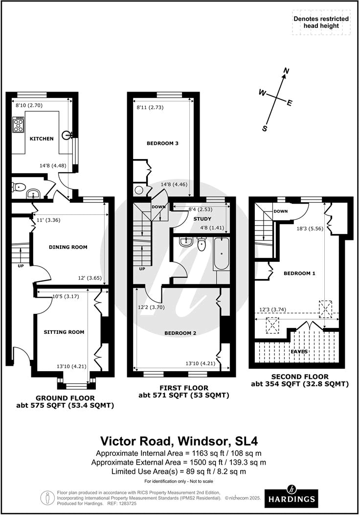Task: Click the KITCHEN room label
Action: [x=42, y=139]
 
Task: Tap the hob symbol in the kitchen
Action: [x=19, y=125]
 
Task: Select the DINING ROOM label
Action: [x=68, y=247]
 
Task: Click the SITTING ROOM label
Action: [x=64, y=332]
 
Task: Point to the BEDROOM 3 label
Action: [x=162, y=143]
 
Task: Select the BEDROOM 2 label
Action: [x=180, y=333]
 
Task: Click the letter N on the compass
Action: [x=287, y=71]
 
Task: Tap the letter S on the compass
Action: [x=265, y=129]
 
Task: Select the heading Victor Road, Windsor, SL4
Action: [x=180, y=441]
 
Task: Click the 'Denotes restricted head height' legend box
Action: [x=321, y=23]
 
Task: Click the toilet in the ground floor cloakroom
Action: [x=19, y=187]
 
